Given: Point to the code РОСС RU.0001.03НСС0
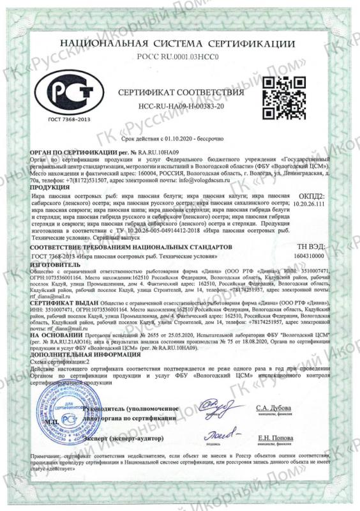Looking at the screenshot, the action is (181, 57).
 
